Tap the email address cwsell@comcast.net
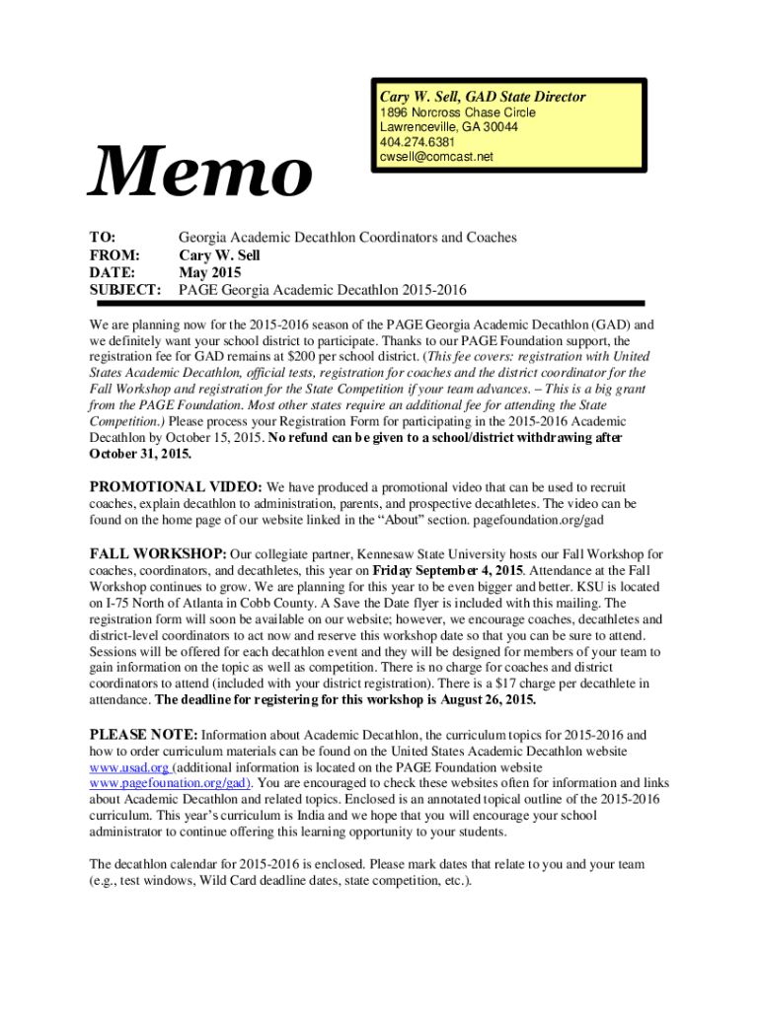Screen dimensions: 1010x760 pyautogui.click(x=435, y=157)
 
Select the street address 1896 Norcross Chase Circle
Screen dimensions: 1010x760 pyautogui.click(x=457, y=112)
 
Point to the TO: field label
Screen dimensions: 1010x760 pyautogui.click(x=103, y=238)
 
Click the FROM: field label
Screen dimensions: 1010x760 pyautogui.click(x=114, y=255)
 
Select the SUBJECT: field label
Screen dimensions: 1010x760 pyautogui.click(x=125, y=290)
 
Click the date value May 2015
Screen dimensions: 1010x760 pyautogui.click(x=208, y=272)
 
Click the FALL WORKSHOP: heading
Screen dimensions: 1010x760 pyautogui.click(x=159, y=553)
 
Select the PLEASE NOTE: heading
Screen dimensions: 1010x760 pyautogui.click(x=144, y=735)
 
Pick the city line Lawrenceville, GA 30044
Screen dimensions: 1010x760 pyautogui.click(x=448, y=127)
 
